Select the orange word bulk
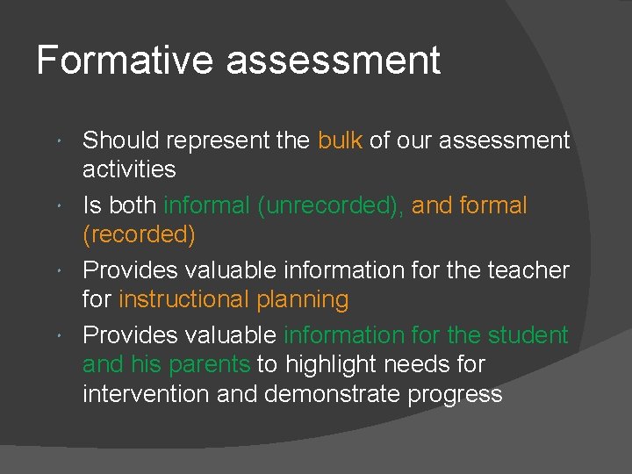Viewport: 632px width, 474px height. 340,140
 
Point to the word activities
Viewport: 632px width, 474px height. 129,169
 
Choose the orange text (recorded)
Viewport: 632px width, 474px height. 139,235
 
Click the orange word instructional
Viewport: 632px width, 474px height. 183,299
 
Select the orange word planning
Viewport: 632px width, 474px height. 302,300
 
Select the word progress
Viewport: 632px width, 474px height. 455,395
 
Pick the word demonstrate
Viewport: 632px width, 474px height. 332,394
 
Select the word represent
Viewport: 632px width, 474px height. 208,141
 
